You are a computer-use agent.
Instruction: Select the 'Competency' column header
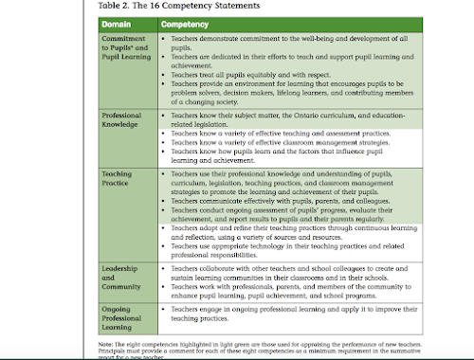tap(185, 22)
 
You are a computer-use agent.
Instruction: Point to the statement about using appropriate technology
tap(284, 243)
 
